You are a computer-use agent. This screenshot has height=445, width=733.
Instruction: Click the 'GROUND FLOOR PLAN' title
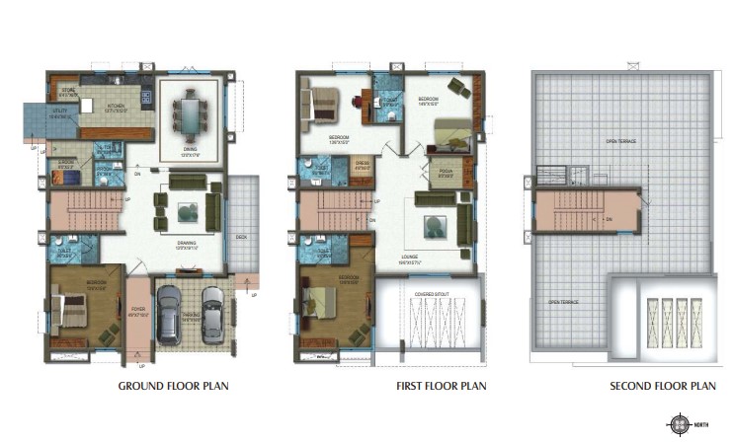coord(173,386)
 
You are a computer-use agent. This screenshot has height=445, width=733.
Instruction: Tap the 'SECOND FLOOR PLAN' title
coord(662,386)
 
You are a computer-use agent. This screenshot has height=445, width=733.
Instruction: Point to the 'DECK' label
coord(241,237)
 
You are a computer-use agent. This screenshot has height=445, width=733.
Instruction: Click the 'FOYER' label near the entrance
coord(137,309)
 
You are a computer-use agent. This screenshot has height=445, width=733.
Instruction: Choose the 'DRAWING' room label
coord(185,241)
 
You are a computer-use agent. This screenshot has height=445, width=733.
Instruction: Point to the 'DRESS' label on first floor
coord(362,161)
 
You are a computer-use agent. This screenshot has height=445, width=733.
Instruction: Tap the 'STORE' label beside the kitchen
coord(68,89)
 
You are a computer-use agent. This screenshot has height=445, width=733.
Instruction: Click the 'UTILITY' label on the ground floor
coord(60,112)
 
